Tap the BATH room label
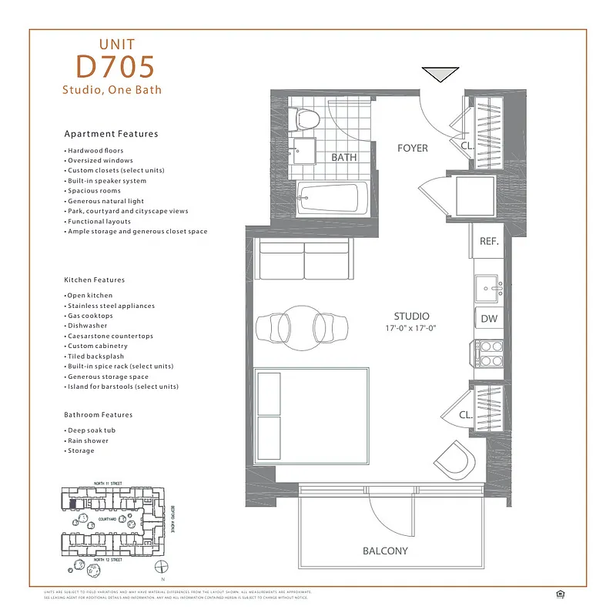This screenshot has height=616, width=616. (x=343, y=157)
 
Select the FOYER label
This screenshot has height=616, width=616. (x=412, y=148)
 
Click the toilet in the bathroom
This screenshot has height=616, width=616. (x=306, y=120)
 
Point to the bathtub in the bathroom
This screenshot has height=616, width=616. (x=328, y=198)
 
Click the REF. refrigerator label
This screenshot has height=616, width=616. (x=489, y=241)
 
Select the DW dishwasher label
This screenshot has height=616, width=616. (x=489, y=319)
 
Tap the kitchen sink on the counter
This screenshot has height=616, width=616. (x=488, y=289)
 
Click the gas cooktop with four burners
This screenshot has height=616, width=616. (x=489, y=353)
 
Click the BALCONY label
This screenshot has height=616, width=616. (x=385, y=551)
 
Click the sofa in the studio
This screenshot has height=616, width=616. (x=303, y=259)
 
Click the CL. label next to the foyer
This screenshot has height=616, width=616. (x=467, y=145)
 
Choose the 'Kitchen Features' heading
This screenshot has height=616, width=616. (x=94, y=280)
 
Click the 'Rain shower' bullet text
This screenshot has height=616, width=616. (x=88, y=440)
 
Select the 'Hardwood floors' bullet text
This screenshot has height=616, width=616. (x=95, y=150)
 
